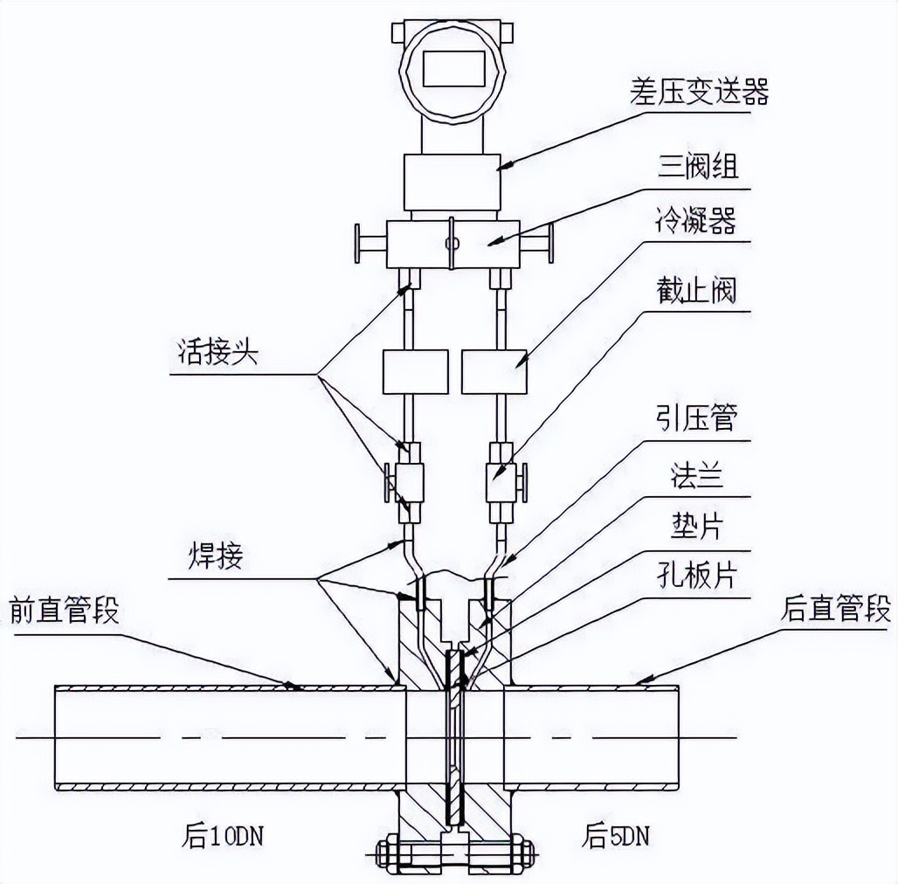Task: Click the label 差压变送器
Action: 698,91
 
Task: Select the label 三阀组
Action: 698,166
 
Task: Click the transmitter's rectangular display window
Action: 454,67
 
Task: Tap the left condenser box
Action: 415,371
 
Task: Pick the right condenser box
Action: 494,371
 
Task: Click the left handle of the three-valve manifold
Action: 357,243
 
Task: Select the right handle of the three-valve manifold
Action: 552,243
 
